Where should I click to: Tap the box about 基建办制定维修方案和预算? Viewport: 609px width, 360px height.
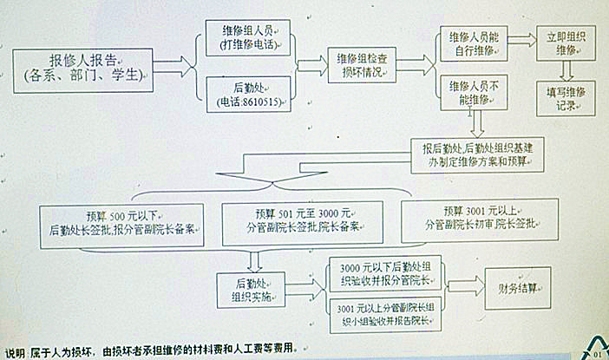pyautogui.click(x=479, y=154)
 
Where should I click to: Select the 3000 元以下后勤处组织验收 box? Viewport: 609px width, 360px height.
pyautogui.click(x=383, y=275)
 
